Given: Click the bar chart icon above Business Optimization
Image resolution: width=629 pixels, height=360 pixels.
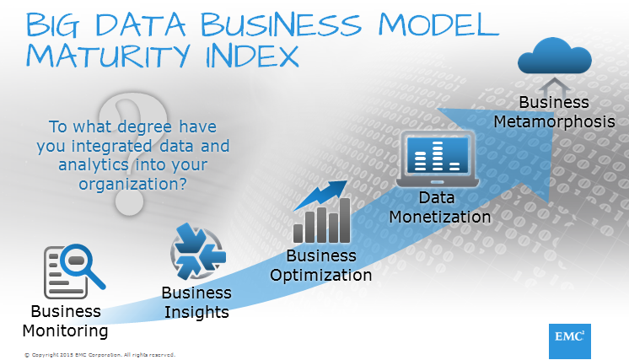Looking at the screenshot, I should pos(321,212).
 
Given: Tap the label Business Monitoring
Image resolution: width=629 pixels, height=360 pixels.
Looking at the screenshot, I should pos(65,320).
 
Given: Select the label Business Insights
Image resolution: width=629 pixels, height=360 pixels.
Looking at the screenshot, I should pos(196,303).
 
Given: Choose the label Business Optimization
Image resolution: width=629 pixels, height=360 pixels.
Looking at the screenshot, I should pos(319,265).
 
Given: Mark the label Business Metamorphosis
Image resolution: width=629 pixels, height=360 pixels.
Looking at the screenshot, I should pos(554,111).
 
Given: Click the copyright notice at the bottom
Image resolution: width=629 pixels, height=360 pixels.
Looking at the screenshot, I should pos(99,354).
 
